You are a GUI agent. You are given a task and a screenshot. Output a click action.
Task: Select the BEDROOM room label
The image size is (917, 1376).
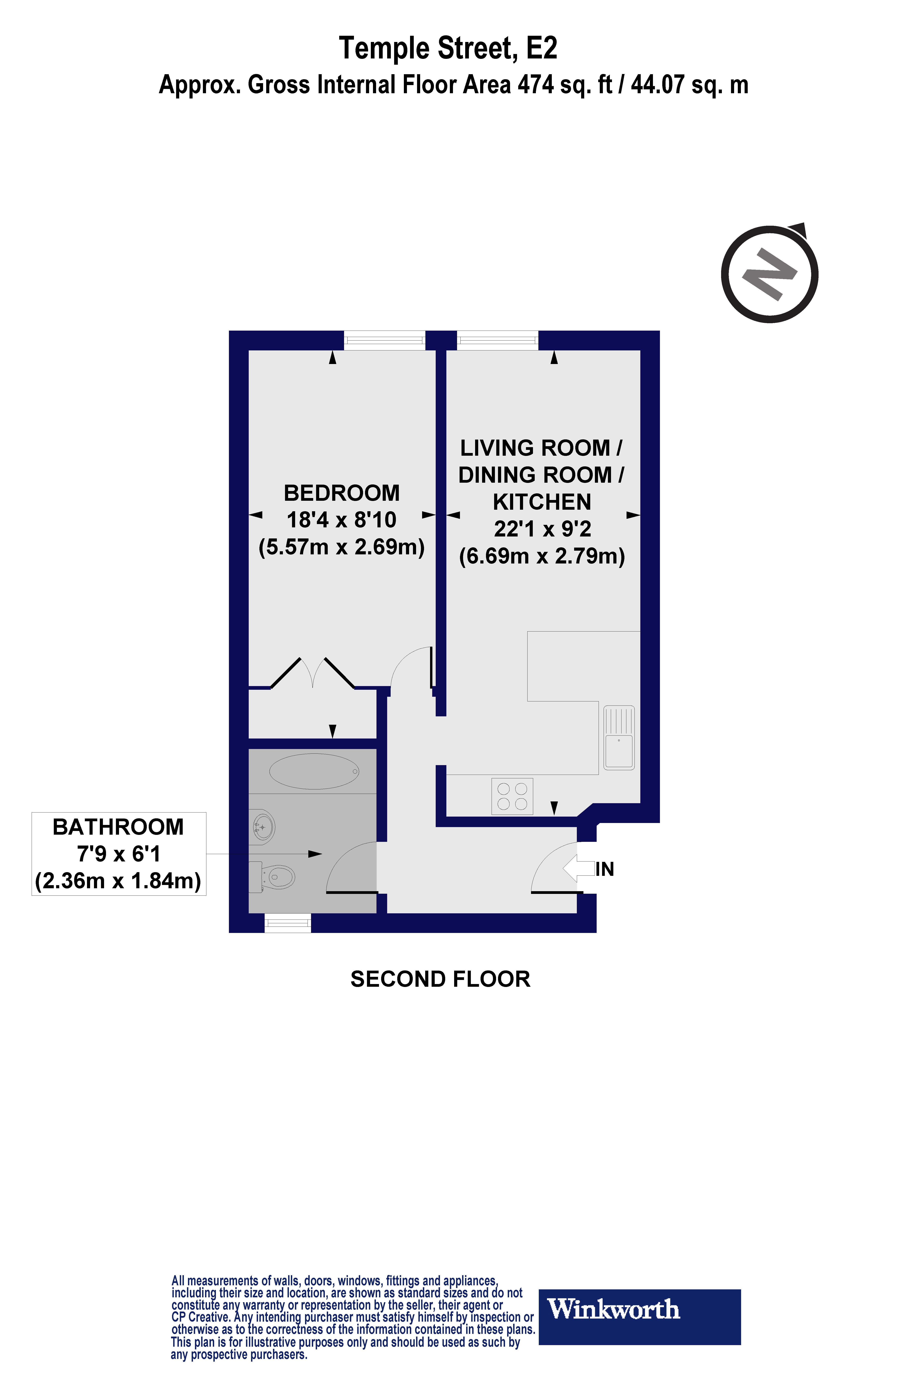pyautogui.click(x=342, y=493)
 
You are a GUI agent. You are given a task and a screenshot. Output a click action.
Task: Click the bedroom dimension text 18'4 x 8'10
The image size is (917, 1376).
pyautogui.click(x=342, y=520)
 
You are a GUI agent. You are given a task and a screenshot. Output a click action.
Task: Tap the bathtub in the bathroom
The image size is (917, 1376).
pyautogui.click(x=314, y=771)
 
